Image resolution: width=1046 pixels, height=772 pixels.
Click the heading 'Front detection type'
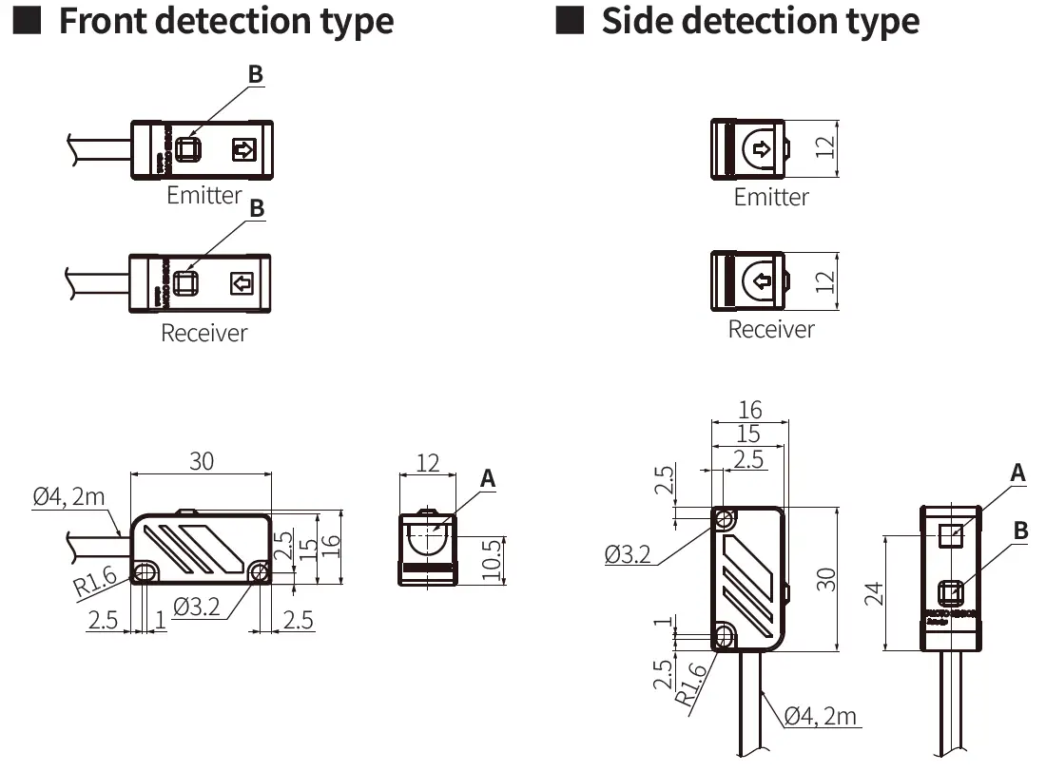(x=225, y=21)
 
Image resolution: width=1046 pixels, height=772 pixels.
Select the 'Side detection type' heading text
(x=760, y=21)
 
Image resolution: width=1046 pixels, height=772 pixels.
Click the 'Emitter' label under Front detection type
(x=203, y=195)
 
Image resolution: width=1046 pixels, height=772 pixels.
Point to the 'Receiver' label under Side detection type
(x=771, y=329)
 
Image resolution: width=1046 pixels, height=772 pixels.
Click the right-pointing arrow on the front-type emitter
(x=244, y=149)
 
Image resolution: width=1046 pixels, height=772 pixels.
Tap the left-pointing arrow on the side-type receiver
(x=761, y=281)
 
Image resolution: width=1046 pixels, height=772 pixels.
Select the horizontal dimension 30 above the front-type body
(x=202, y=461)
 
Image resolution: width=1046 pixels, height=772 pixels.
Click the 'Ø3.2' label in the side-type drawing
(x=628, y=554)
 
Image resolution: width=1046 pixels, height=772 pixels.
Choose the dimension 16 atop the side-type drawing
(x=750, y=410)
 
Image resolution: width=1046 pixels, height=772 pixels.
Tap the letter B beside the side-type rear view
(x=1020, y=531)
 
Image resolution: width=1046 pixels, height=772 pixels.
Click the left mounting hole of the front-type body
(x=145, y=572)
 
